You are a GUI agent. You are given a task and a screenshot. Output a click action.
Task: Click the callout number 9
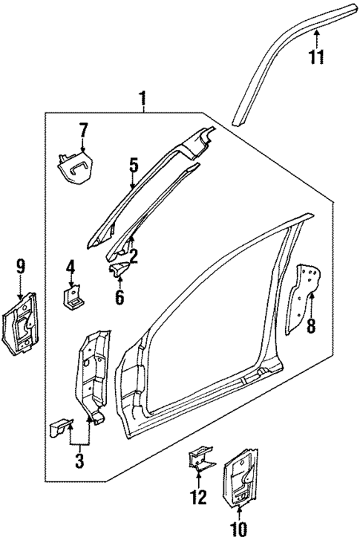20,267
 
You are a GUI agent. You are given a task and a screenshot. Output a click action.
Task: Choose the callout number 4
71,267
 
